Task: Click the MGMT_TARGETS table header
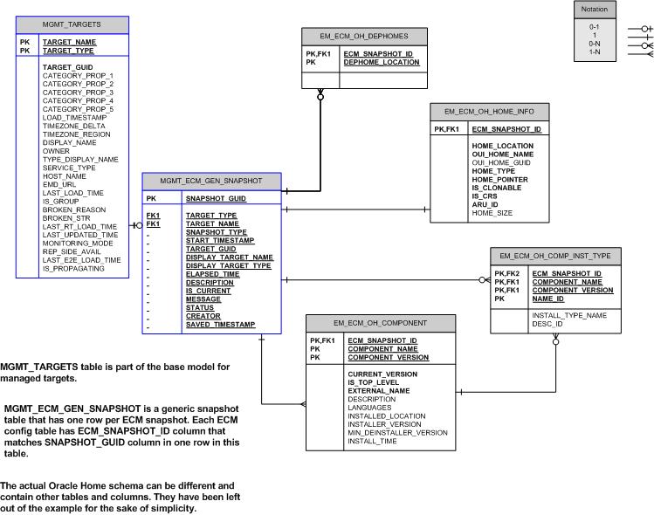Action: tap(72, 24)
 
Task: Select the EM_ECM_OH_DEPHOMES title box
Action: tap(365, 36)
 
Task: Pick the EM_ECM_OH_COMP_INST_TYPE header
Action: tap(555, 256)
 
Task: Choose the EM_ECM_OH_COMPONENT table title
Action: tap(380, 321)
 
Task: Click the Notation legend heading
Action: tap(594, 10)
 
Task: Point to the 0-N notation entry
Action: tap(594, 43)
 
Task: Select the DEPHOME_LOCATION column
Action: tap(382, 63)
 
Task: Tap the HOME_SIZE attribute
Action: tap(492, 213)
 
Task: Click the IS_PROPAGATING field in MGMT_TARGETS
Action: tap(73, 269)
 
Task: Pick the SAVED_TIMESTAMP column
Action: tap(220, 325)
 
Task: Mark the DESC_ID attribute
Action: tap(547, 324)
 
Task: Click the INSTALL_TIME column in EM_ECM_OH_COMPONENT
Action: tap(372, 442)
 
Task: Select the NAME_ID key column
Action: tap(549, 299)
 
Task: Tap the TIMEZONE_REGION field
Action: tap(77, 134)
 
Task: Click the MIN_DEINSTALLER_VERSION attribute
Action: tap(397, 433)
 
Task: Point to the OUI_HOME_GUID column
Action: tap(501, 162)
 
